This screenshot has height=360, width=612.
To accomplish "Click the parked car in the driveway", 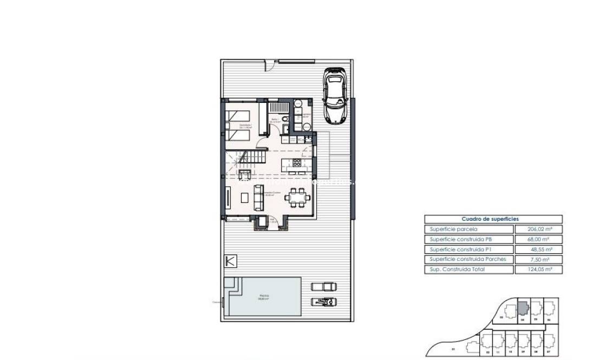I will coord(336,96).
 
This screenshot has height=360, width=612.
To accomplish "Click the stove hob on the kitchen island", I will coord(297,162).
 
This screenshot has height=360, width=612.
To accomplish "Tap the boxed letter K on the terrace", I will coord(231,260).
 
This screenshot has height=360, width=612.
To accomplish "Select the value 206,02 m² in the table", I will coord(539,229).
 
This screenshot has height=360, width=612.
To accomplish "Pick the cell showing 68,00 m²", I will coord(539,239).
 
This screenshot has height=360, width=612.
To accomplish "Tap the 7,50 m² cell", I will coord(541,259).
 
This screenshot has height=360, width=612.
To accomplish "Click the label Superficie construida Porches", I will coord(468,259).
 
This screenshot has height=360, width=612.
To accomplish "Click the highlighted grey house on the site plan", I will coord(522,309).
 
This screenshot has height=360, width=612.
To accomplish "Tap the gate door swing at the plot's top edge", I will coord(269,67).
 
